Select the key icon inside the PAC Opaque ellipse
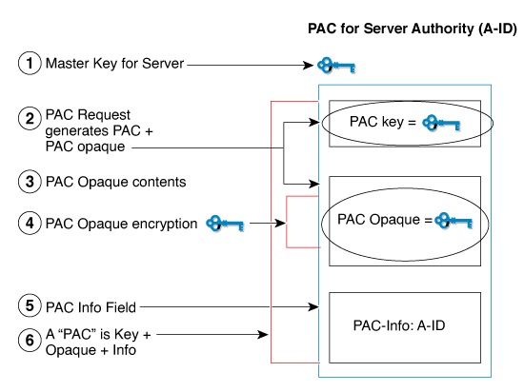pyautogui.click(x=453, y=221)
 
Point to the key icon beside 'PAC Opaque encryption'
pyautogui.click(x=225, y=225)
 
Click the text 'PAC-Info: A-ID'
pyautogui.click(x=398, y=325)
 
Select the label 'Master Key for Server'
pyautogui.click(x=114, y=65)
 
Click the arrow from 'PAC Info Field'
pyautogui.click(x=229, y=307)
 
